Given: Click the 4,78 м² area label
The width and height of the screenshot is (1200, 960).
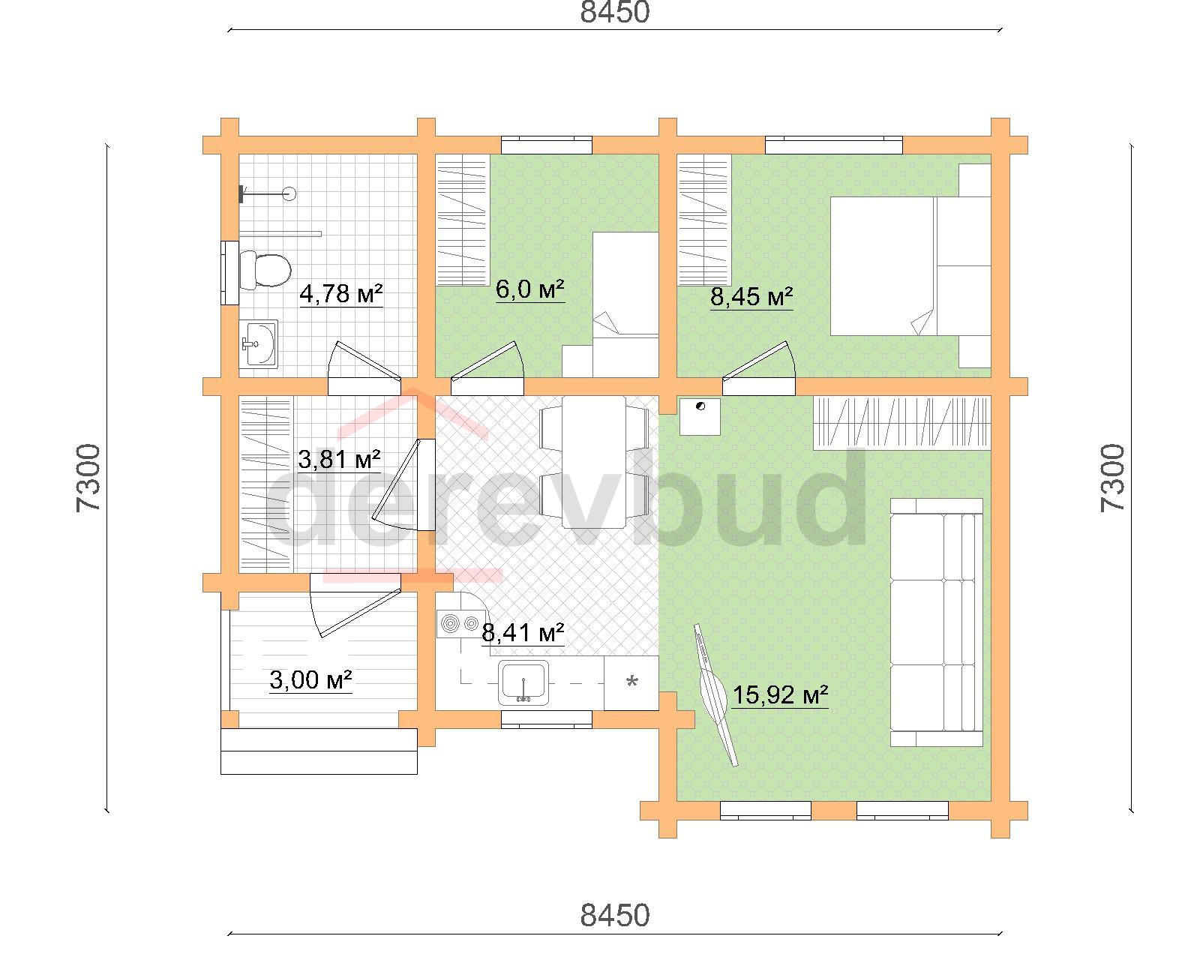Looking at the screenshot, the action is [x=340, y=294].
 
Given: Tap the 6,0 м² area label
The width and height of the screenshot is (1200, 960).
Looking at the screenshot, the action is [x=529, y=289].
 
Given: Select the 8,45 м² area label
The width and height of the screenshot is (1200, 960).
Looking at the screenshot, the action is [x=751, y=297].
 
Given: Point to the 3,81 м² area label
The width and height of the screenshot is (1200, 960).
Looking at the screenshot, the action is [x=339, y=460].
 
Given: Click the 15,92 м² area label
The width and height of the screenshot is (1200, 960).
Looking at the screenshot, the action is [x=779, y=695].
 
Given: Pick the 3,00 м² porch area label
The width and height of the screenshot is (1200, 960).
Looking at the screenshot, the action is [x=310, y=680].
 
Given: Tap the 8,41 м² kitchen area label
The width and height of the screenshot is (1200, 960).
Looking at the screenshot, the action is [x=523, y=632].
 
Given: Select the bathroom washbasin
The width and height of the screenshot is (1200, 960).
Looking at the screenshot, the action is [x=259, y=343].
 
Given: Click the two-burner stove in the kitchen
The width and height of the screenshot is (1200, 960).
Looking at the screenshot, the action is [x=460, y=623].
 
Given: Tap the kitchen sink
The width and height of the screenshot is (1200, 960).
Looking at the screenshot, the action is [x=523, y=682].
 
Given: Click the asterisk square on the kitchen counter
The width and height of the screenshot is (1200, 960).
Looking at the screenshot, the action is [x=631, y=682].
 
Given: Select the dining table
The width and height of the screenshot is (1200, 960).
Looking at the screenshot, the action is [x=594, y=462].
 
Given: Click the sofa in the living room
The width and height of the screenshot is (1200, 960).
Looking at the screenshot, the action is [x=936, y=622].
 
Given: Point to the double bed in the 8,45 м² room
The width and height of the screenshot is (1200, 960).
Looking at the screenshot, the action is [x=910, y=266].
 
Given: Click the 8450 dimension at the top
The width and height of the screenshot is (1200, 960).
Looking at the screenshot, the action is [x=614, y=12].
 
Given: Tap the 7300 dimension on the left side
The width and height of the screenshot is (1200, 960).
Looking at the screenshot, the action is [x=88, y=478].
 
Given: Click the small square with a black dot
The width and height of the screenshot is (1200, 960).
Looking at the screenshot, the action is [x=700, y=416].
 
